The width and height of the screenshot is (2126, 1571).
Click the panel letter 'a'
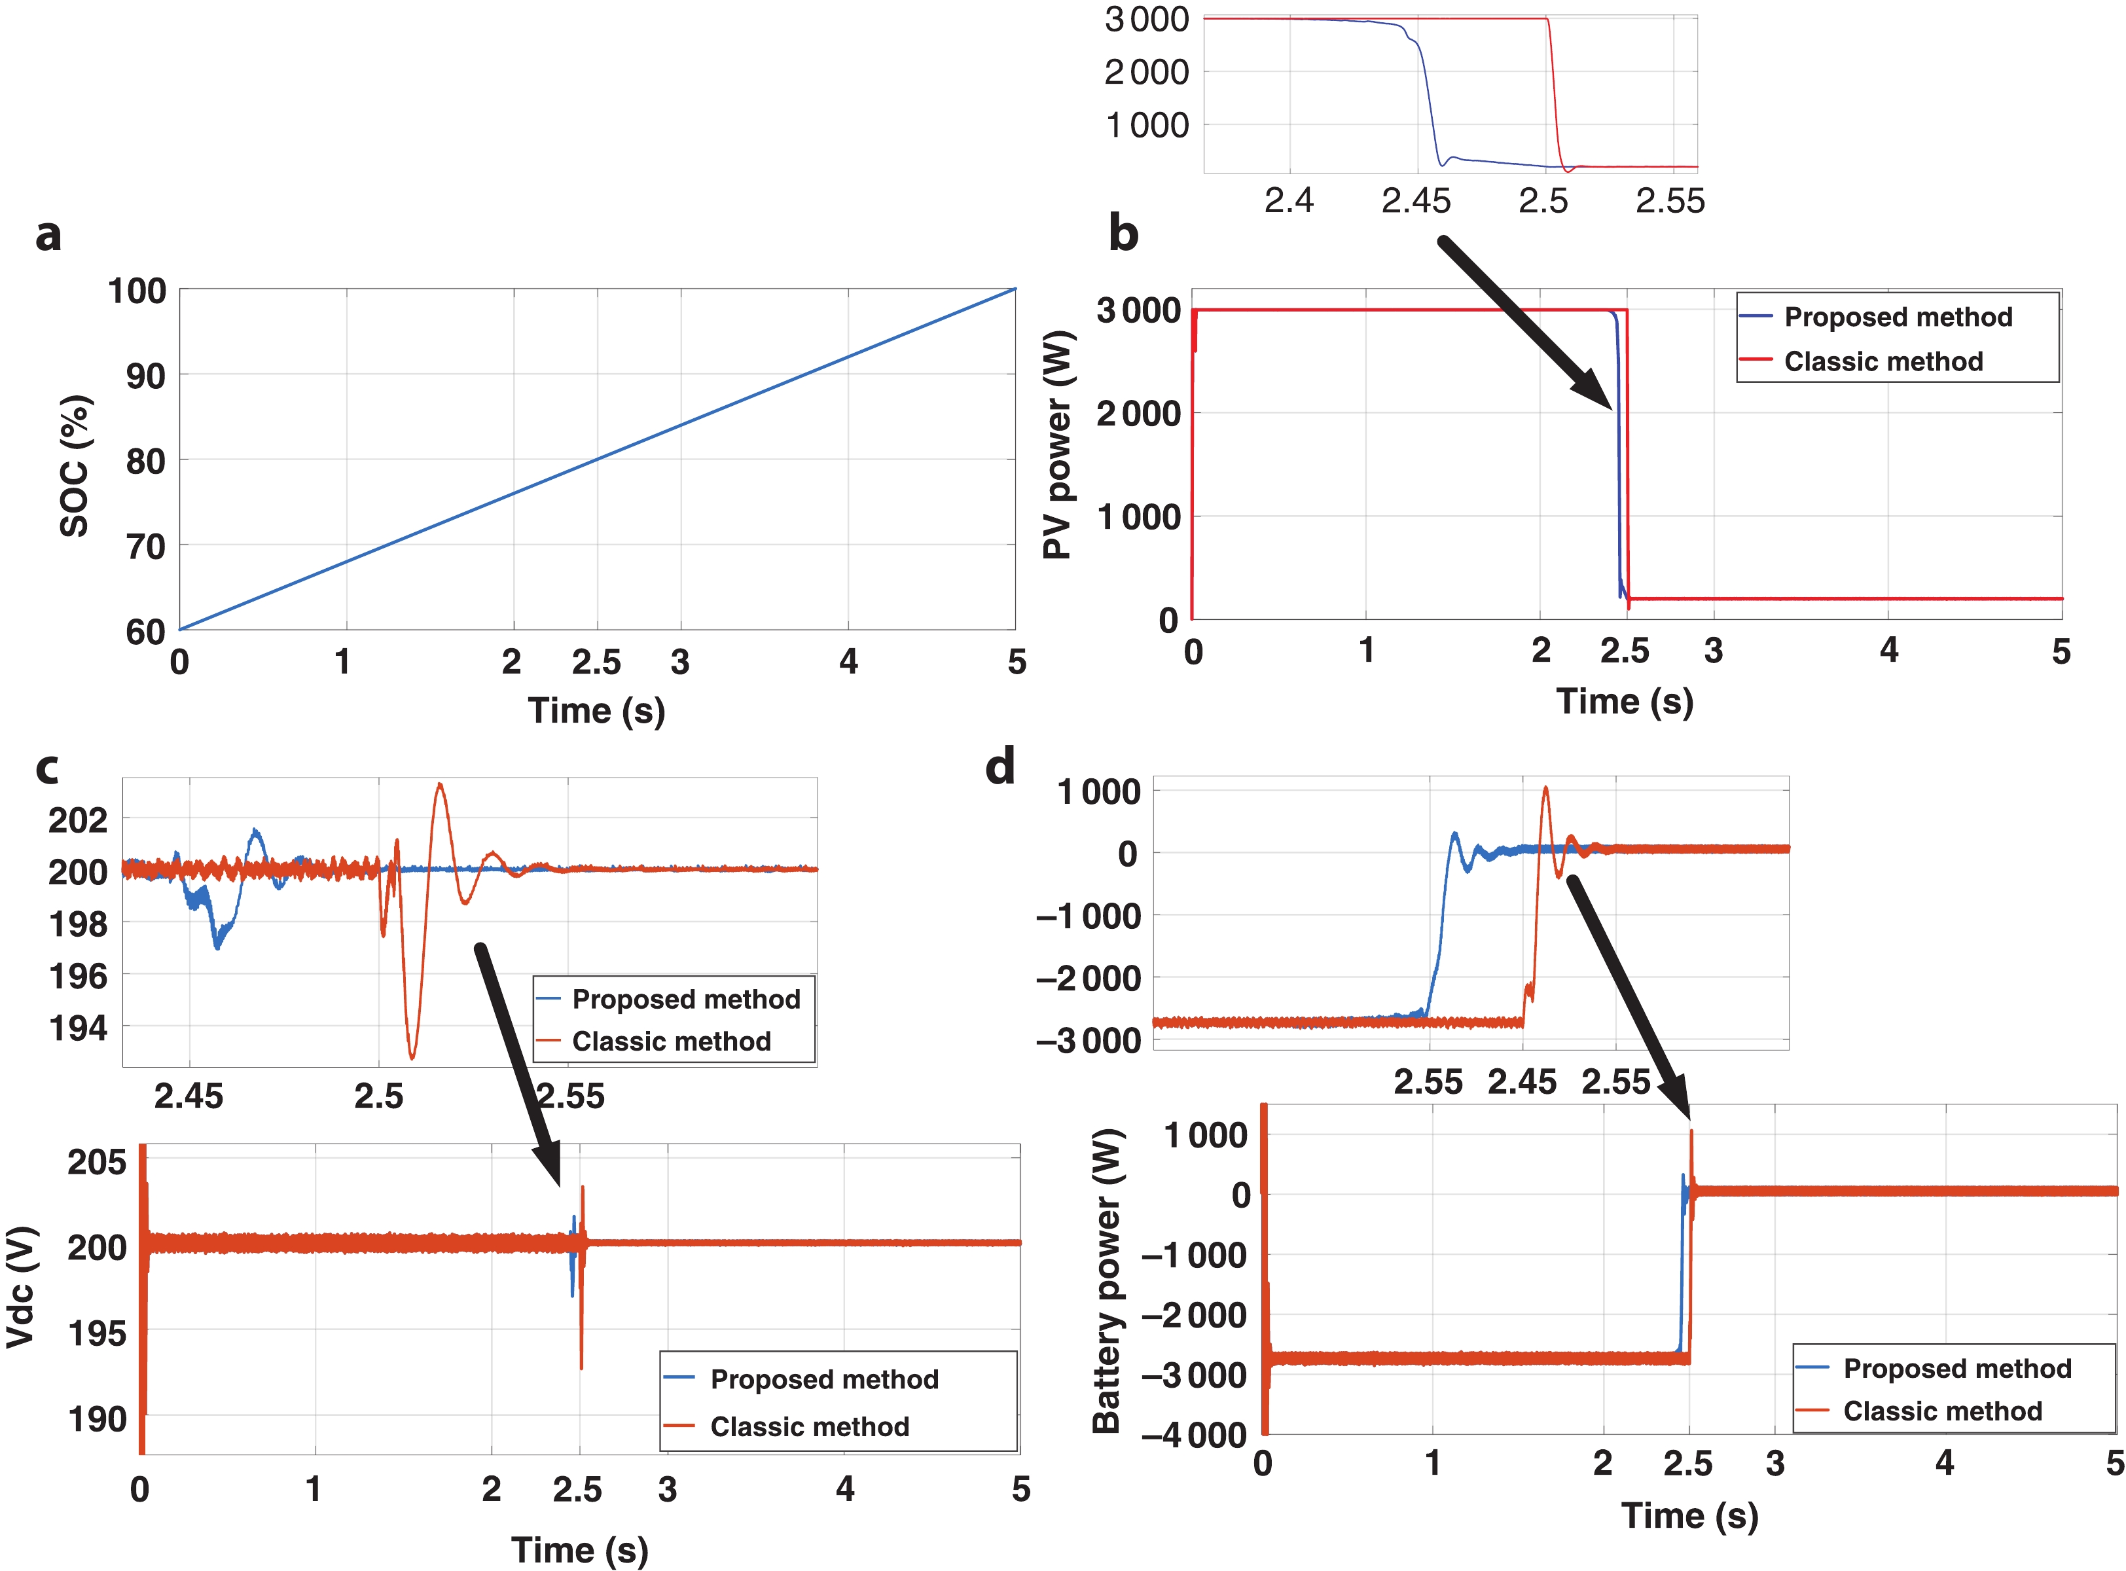48,234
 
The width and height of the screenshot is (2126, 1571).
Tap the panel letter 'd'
1000,767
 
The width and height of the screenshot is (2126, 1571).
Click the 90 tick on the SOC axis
145,376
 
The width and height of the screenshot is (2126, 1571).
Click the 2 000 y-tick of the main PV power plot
1138,414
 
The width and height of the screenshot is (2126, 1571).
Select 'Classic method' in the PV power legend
1883,361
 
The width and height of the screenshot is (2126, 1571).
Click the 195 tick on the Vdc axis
97,1333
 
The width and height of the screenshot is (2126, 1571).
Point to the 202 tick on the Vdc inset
78,820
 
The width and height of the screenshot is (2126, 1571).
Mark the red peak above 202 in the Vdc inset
439,785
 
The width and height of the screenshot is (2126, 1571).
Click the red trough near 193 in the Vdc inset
412,1056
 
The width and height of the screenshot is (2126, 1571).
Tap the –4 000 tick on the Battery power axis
1194,1434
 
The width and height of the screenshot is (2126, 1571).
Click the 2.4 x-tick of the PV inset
1288,201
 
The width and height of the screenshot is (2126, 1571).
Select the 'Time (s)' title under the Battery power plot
1689,1515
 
